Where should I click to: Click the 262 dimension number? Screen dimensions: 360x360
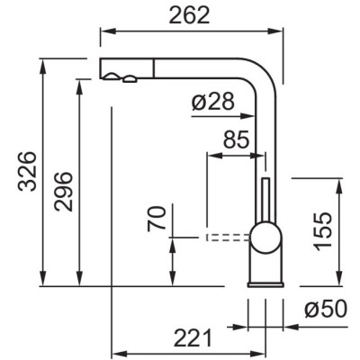point(189,15)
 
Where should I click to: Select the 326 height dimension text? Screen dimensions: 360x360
point(27,172)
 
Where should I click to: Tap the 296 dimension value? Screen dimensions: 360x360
point(63,192)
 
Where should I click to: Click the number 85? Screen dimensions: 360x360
point(237,139)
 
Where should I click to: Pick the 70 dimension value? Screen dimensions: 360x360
point(157,219)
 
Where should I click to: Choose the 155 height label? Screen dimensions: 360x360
point(323,230)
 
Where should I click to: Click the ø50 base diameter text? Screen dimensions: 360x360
point(326,310)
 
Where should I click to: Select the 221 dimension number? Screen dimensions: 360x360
point(193,338)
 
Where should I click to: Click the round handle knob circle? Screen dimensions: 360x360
point(265,238)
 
